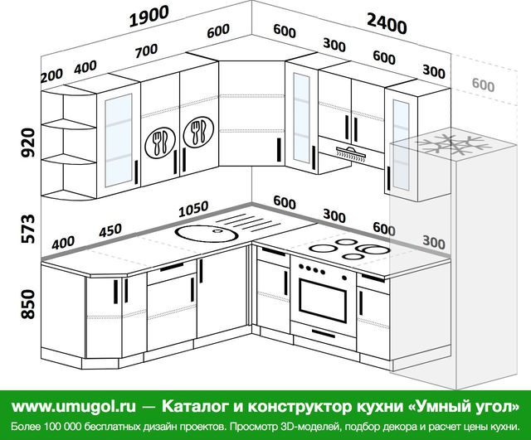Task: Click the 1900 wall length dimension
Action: click(149, 17)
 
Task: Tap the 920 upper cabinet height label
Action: click(28, 143)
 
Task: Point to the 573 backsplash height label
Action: click(28, 228)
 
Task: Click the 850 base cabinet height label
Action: click(28, 304)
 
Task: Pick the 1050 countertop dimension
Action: click(193, 209)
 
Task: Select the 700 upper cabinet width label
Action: click(146, 51)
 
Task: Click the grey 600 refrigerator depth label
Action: click(483, 85)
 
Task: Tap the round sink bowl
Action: click(207, 234)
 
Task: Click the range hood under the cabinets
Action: click(351, 153)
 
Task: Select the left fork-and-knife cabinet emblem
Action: click(160, 143)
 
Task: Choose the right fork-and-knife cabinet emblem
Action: click(198, 132)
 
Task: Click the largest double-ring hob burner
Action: click(374, 250)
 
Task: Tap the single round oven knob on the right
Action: click(344, 278)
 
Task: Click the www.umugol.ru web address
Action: click(74, 406)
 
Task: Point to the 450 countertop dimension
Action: click(110, 230)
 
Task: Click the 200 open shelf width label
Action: click(51, 75)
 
